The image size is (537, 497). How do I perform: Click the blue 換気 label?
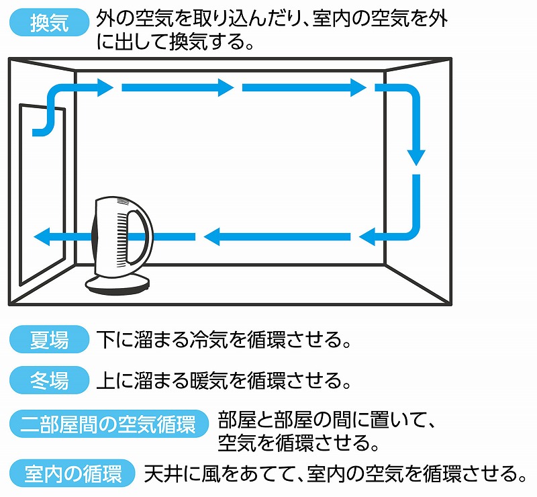[50, 24]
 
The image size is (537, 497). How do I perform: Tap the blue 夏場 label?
[50, 339]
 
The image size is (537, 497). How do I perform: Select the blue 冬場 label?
[50, 381]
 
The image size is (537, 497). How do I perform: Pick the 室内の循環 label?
[73, 473]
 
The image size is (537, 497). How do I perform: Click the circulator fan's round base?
[117, 284]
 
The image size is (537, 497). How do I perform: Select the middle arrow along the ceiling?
[177, 87]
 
